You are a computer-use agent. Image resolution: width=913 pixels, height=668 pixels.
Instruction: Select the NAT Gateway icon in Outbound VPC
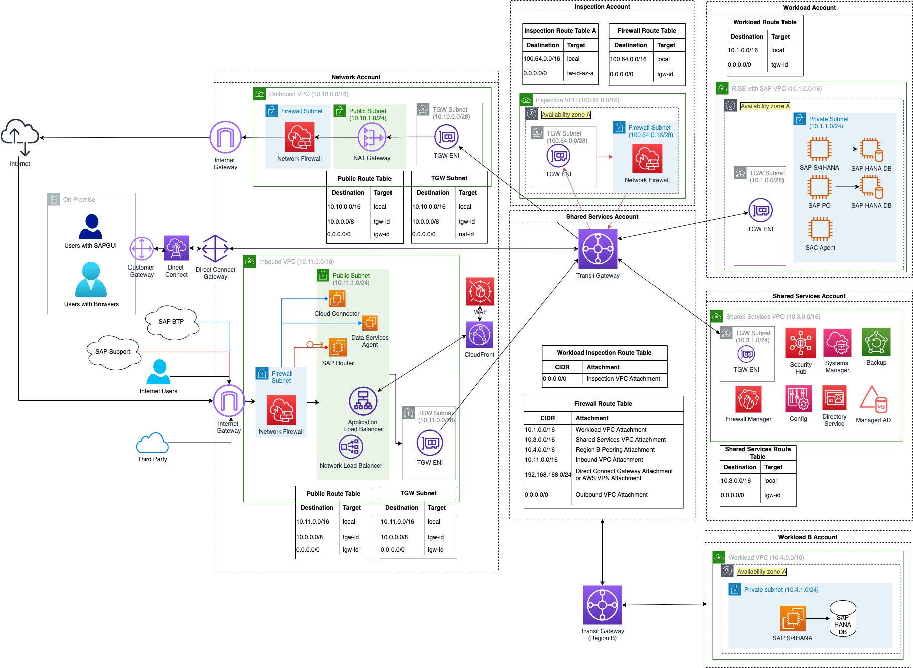(372, 137)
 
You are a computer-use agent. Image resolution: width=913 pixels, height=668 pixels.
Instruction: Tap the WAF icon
(480, 291)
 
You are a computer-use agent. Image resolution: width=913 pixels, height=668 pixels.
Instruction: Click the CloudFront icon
(480, 335)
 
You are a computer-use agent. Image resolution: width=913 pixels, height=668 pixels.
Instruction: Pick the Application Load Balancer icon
(363, 401)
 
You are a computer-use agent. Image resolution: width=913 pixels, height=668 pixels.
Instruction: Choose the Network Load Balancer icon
(351, 446)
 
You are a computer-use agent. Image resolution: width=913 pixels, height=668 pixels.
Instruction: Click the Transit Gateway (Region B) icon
(602, 605)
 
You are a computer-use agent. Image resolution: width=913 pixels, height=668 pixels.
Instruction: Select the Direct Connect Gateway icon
(215, 249)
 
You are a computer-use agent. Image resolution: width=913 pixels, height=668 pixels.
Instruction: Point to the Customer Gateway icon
(142, 249)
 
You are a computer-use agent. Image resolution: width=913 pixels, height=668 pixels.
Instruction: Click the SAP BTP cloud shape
(172, 321)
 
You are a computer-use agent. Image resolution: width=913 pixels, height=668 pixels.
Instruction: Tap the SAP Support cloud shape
(113, 352)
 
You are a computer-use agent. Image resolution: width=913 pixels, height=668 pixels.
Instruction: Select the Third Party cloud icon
(152, 443)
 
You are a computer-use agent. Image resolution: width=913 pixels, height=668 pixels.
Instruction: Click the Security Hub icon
(801, 343)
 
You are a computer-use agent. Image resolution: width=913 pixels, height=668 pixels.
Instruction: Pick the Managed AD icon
(874, 399)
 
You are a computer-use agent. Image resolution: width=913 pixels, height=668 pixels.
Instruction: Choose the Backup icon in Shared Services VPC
(876, 342)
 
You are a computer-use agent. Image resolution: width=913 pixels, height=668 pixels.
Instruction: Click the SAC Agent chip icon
(820, 229)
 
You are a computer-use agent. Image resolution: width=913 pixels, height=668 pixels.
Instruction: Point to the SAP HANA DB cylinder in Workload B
(843, 619)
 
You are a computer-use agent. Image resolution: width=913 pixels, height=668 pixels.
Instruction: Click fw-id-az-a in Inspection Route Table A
(580, 73)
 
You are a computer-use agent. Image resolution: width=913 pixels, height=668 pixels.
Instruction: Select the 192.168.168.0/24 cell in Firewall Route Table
(548, 475)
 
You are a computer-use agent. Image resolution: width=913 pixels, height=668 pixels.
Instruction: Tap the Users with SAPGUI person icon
(91, 227)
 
